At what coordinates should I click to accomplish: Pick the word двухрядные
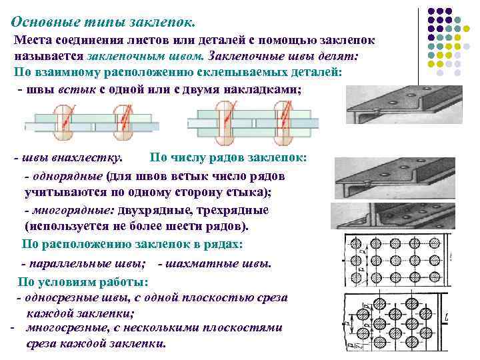[160, 210]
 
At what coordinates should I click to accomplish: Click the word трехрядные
[237, 210]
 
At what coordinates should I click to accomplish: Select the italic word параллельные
[73, 263]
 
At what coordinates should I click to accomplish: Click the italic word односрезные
[66, 297]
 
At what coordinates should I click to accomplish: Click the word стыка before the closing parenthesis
[241, 193]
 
